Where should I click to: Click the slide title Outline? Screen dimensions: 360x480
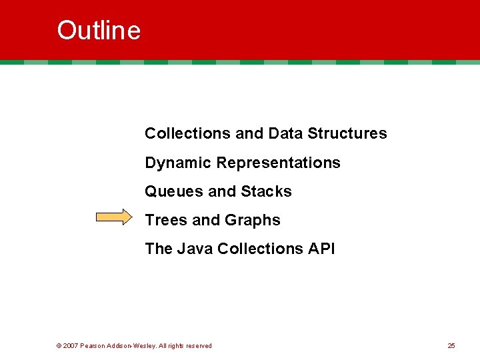pos(99,31)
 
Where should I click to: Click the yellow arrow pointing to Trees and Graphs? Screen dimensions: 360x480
pos(114,218)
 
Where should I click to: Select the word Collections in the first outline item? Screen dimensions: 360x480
pos(188,133)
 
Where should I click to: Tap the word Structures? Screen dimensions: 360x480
pos(347,133)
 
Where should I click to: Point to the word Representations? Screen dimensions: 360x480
pos(279,163)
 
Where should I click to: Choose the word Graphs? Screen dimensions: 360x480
pos(253,221)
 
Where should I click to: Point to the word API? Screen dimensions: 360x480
pos(321,249)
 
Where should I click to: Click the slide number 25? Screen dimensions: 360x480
pos(451,346)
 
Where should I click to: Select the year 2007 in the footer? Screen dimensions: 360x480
pos(71,346)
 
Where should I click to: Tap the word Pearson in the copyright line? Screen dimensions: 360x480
pos(93,346)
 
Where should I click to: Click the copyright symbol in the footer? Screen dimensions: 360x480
pos(59,346)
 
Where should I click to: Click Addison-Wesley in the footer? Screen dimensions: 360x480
pos(132,346)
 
